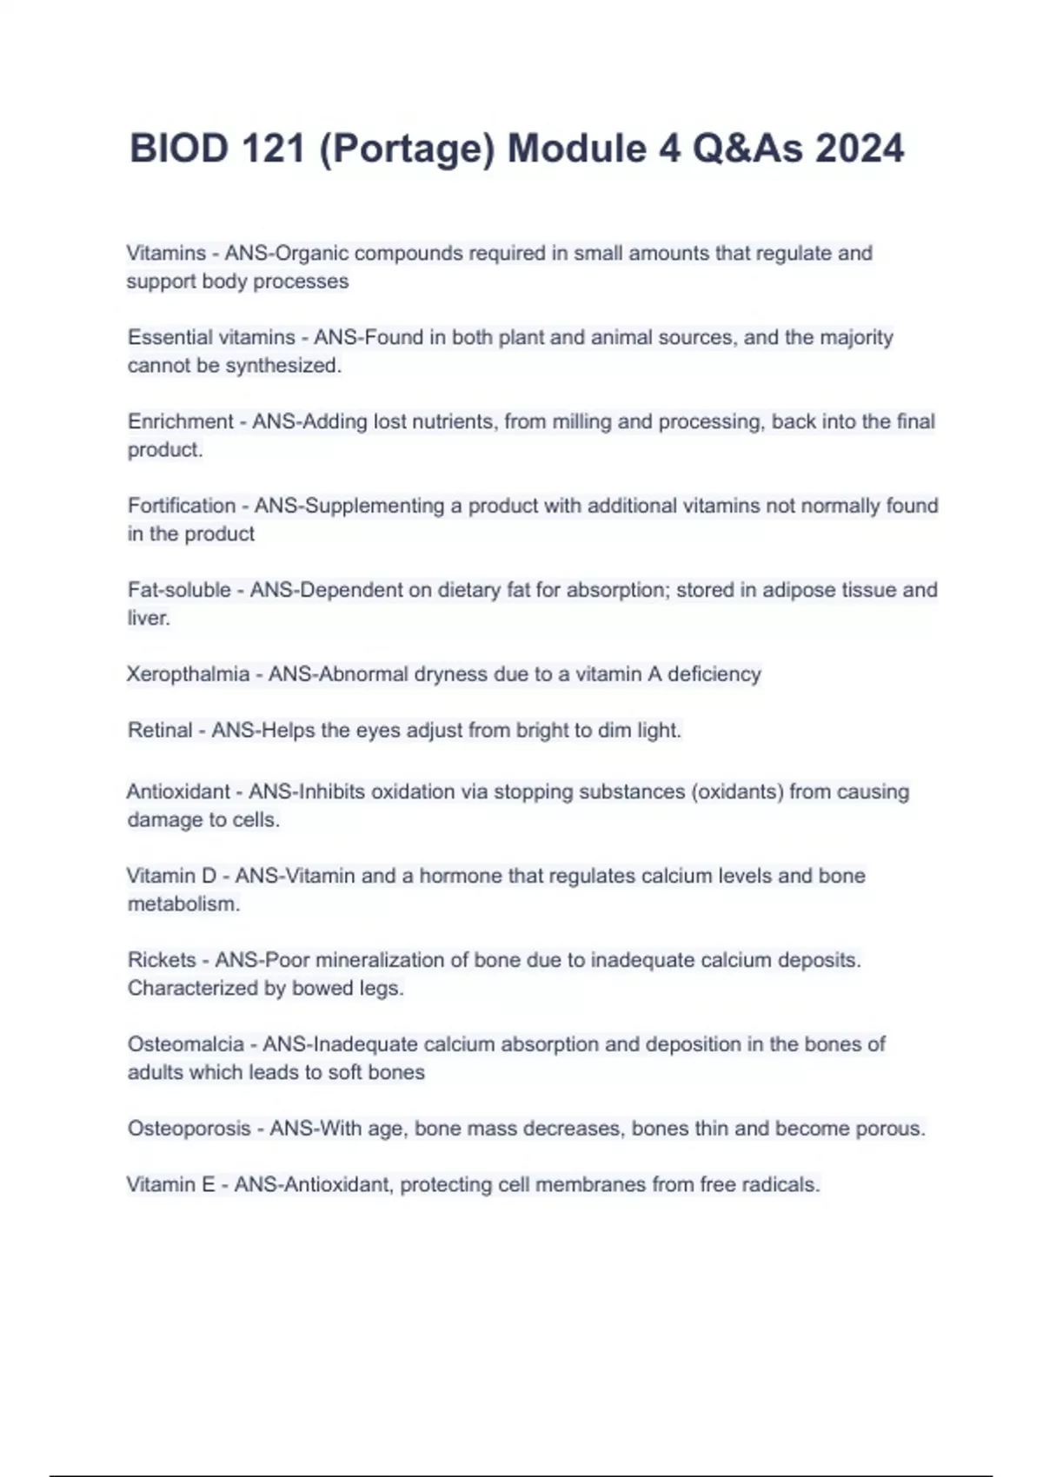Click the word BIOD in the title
click(179, 149)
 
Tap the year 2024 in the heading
click(860, 149)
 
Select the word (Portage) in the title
click(407, 149)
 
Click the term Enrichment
click(181, 421)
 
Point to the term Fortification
click(182, 506)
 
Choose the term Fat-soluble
click(179, 590)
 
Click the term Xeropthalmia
click(188, 674)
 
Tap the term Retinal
click(160, 730)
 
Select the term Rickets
click(162, 960)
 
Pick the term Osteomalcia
click(186, 1044)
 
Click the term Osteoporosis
click(189, 1129)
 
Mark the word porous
click(890, 1129)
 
